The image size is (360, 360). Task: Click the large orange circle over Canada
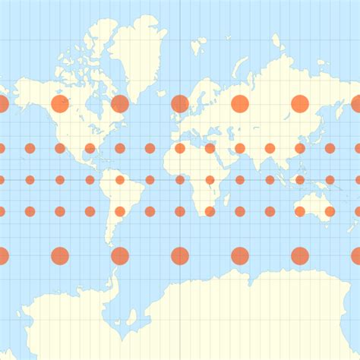60,104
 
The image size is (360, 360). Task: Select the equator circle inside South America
120,180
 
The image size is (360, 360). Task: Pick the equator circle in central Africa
210,180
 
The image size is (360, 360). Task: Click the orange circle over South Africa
210,211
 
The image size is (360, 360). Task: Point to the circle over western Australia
300,211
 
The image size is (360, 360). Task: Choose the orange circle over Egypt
210,148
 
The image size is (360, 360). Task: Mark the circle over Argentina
120,211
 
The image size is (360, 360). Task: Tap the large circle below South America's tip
120,256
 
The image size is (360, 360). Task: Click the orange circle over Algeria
180,148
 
